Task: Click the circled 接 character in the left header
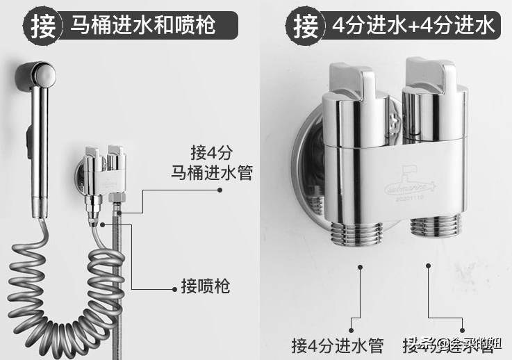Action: point(42,25)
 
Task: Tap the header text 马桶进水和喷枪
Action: point(143,26)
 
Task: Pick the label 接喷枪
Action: point(205,286)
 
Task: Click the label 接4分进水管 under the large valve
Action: point(338,344)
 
